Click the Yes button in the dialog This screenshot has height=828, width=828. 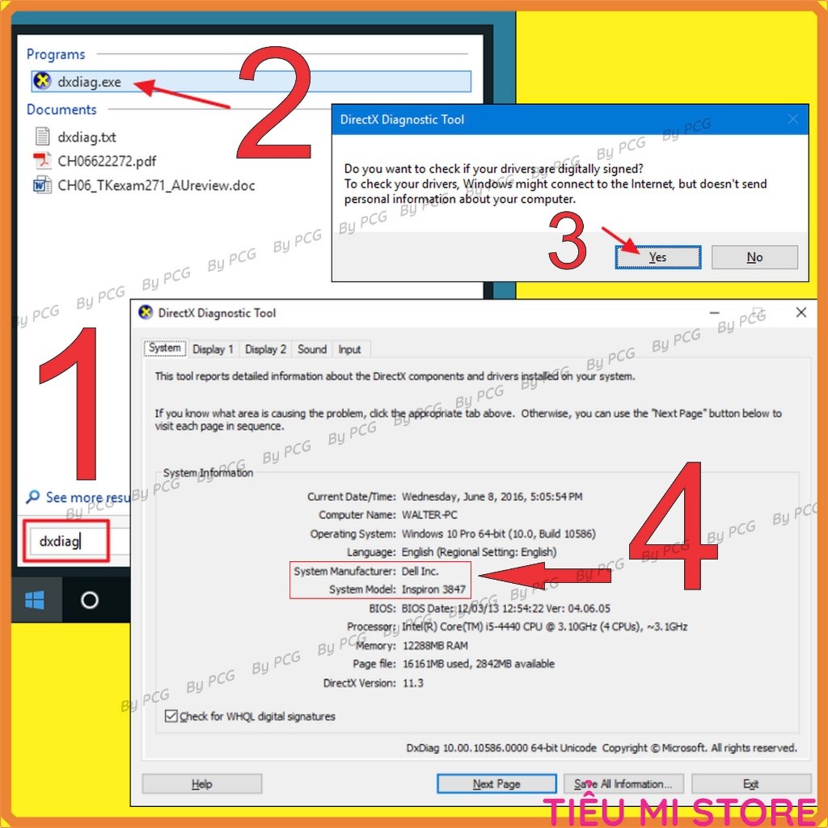[658, 257]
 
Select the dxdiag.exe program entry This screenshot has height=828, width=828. [251, 82]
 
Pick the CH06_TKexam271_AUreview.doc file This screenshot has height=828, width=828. [144, 185]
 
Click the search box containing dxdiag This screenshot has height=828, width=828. [66, 541]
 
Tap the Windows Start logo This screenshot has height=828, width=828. [35, 600]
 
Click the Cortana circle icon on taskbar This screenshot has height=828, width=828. [89, 600]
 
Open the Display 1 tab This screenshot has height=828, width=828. [213, 349]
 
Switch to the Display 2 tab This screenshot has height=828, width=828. [265, 349]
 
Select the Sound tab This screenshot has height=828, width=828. [312, 349]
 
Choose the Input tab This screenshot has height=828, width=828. [349, 349]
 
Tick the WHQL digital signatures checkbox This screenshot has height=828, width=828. [171, 716]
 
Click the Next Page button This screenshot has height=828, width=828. [496, 784]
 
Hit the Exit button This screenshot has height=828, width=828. [751, 784]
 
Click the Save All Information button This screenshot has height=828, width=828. [623, 784]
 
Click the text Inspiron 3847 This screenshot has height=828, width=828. [433, 589]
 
